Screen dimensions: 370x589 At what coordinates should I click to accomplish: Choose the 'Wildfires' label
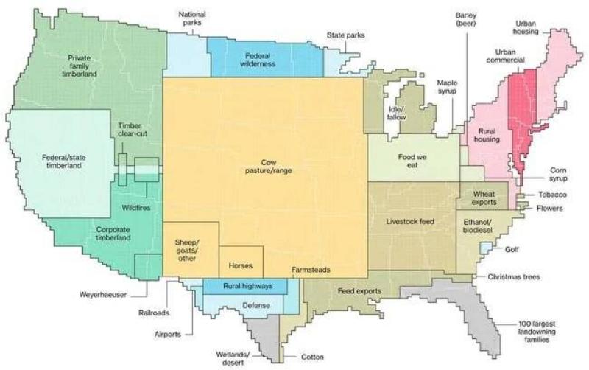pos(136,208)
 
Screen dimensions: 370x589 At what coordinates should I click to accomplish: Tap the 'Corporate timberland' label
pos(113,234)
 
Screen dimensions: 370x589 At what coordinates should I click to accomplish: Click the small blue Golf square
pos(485,251)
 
